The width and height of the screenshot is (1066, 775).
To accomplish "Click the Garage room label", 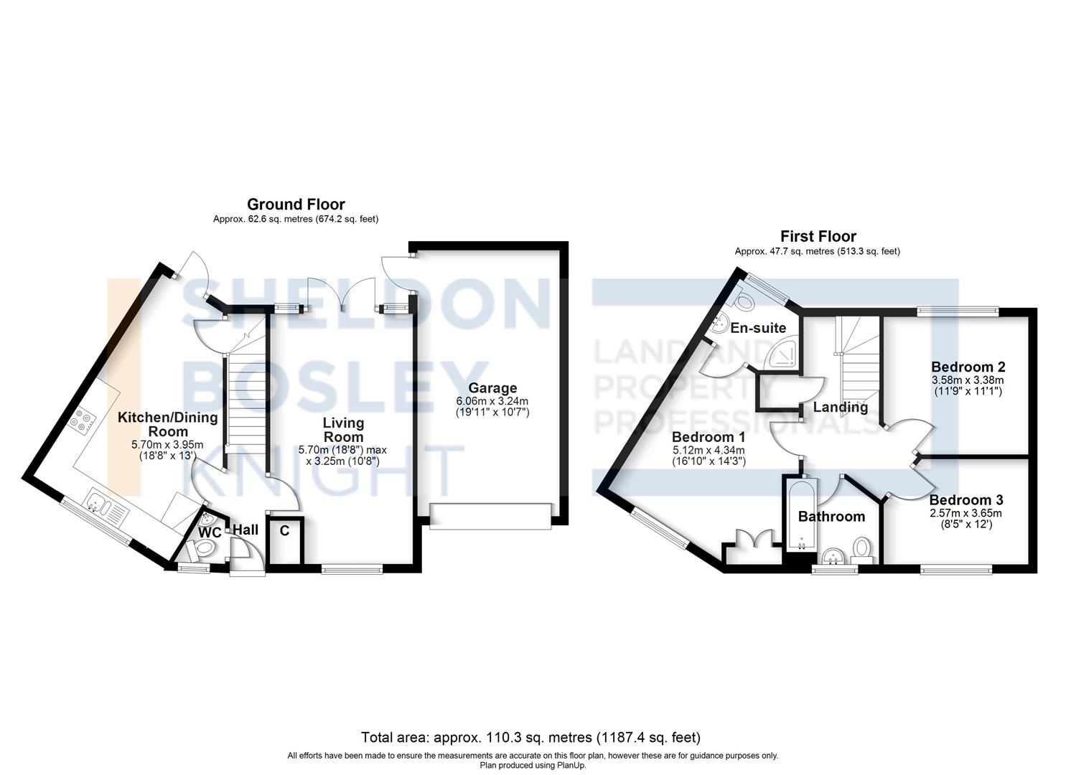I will (x=492, y=388).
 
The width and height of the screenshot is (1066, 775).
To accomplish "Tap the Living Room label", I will (x=342, y=430).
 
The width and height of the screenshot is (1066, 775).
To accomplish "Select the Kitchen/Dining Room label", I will (x=167, y=424).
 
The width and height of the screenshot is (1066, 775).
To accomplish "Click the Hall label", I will (x=246, y=530).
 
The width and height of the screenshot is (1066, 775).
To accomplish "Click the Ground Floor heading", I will (x=296, y=205).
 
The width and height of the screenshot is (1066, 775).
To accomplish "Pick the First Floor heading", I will (x=818, y=236).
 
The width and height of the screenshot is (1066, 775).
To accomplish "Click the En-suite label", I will (x=758, y=328).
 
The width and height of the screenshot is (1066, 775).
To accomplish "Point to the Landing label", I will (x=840, y=407).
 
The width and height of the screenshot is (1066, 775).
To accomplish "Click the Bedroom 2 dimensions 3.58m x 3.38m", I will (x=967, y=380).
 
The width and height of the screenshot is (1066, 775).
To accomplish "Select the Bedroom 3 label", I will (x=966, y=500).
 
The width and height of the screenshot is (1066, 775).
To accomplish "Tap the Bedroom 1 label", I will (x=708, y=437).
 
